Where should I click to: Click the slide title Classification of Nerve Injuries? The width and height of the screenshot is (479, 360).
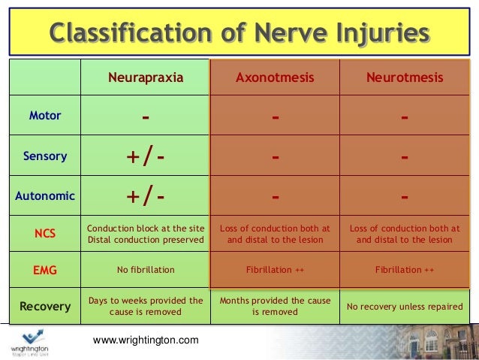(239, 34)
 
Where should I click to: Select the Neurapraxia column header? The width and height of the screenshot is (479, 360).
(146, 77)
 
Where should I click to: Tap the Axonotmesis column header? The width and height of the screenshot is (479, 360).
(275, 77)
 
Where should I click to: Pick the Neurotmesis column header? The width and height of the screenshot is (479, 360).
(405, 77)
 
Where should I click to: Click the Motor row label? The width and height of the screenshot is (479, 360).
(45, 116)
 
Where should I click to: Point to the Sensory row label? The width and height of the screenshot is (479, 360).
(45, 157)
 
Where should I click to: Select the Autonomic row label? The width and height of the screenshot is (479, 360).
(45, 196)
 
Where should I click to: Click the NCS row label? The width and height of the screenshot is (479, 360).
(45, 234)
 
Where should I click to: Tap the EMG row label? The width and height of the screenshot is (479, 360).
(45, 269)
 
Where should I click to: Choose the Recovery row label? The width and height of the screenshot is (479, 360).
(45, 307)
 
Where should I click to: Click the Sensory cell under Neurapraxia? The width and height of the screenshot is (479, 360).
(146, 157)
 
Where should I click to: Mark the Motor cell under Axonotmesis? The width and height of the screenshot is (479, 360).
(275, 117)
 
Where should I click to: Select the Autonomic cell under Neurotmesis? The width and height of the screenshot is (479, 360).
(405, 197)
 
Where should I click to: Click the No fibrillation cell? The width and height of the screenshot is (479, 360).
(146, 269)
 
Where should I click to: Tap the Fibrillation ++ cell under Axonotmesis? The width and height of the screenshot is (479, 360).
(275, 269)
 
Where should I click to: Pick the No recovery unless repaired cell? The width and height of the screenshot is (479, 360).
(405, 307)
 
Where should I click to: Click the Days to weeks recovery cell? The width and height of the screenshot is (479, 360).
(146, 306)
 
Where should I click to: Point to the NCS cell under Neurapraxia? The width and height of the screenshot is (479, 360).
(146, 234)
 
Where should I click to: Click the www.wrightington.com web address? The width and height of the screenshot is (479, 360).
(146, 340)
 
